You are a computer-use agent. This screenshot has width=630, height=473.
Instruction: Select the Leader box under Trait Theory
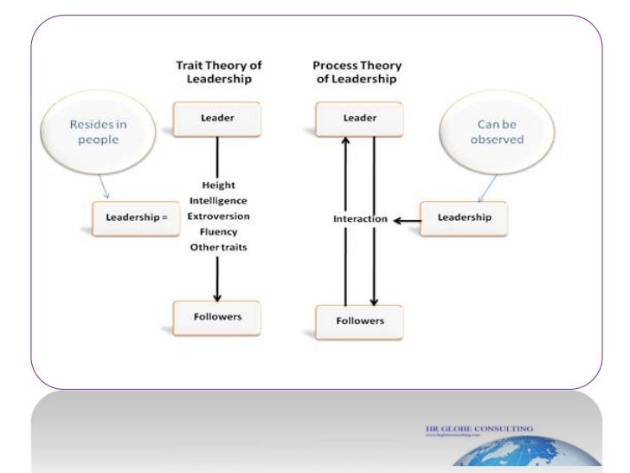click(216, 120)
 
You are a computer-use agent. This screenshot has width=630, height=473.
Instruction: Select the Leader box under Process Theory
click(358, 120)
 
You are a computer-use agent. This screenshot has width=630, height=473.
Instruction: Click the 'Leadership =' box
click(135, 217)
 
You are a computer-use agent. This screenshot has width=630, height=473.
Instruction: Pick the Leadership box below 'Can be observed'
click(464, 217)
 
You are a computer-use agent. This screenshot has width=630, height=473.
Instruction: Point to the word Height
click(216, 185)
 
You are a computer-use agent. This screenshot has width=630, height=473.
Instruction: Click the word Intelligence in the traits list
click(216, 201)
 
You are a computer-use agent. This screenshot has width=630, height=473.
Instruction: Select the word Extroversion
click(216, 217)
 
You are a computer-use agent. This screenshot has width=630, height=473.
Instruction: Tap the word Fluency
click(216, 232)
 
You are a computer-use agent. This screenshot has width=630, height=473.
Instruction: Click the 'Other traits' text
click(216, 248)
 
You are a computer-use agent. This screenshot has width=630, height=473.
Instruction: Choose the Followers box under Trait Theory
click(216, 317)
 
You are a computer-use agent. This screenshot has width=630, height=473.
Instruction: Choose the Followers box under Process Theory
click(358, 321)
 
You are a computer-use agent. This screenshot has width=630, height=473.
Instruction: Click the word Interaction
click(359, 219)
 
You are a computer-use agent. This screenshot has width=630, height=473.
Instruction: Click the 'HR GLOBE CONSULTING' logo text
click(479, 428)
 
